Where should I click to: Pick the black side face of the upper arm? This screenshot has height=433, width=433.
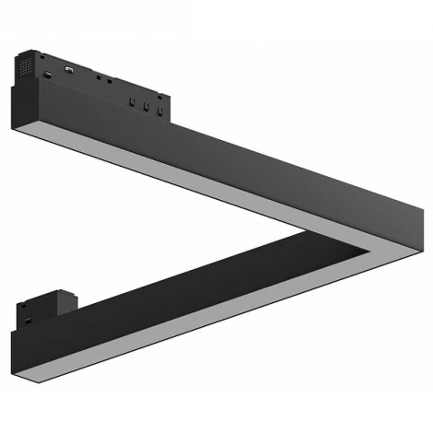point(230,166)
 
